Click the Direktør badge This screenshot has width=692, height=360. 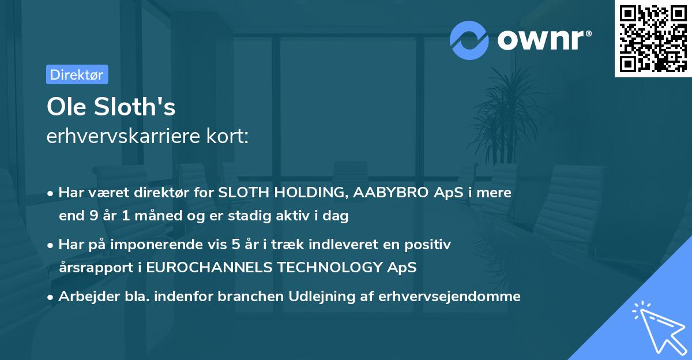click(x=77, y=74)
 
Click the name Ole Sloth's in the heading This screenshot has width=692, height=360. click(x=111, y=107)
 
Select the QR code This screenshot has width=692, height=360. click(x=653, y=38)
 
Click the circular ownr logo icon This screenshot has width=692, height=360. click(x=469, y=40)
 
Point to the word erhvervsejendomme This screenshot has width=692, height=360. click(x=450, y=297)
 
